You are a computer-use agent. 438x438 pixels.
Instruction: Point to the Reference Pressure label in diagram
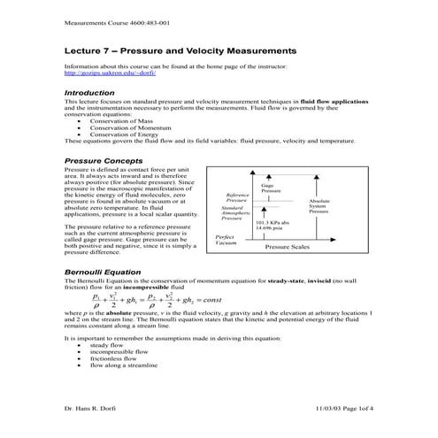pyautogui.click(x=237, y=197)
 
